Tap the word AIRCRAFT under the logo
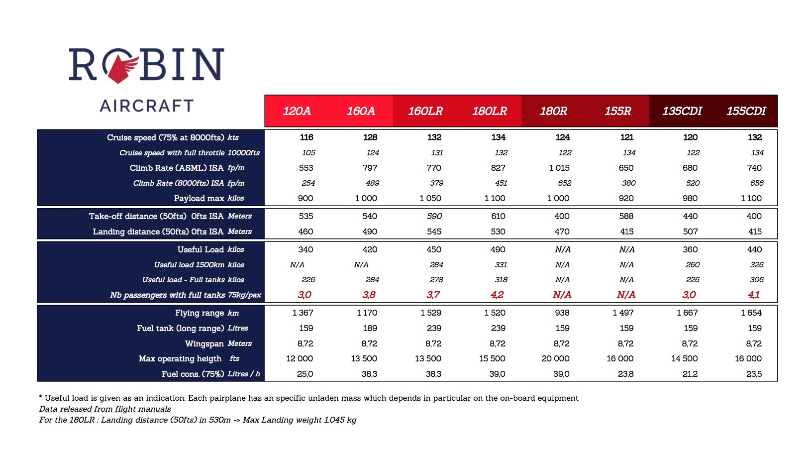tap(147, 106)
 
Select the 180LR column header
tap(490, 111)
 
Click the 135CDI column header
tap(682, 111)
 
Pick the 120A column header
tap(297, 111)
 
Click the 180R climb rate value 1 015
tap(559, 168)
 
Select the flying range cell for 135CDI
tap(687, 313)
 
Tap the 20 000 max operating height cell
tap(555, 358)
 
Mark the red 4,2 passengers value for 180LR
tap(497, 295)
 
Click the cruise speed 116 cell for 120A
tap(306, 137)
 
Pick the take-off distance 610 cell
tap(498, 216)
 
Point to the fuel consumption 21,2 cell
tap(690, 374)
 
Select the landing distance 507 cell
tap(690, 231)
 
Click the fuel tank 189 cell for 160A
tap(370, 328)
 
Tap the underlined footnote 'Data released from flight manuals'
tap(105, 409)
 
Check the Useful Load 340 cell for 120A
tap(305, 250)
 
